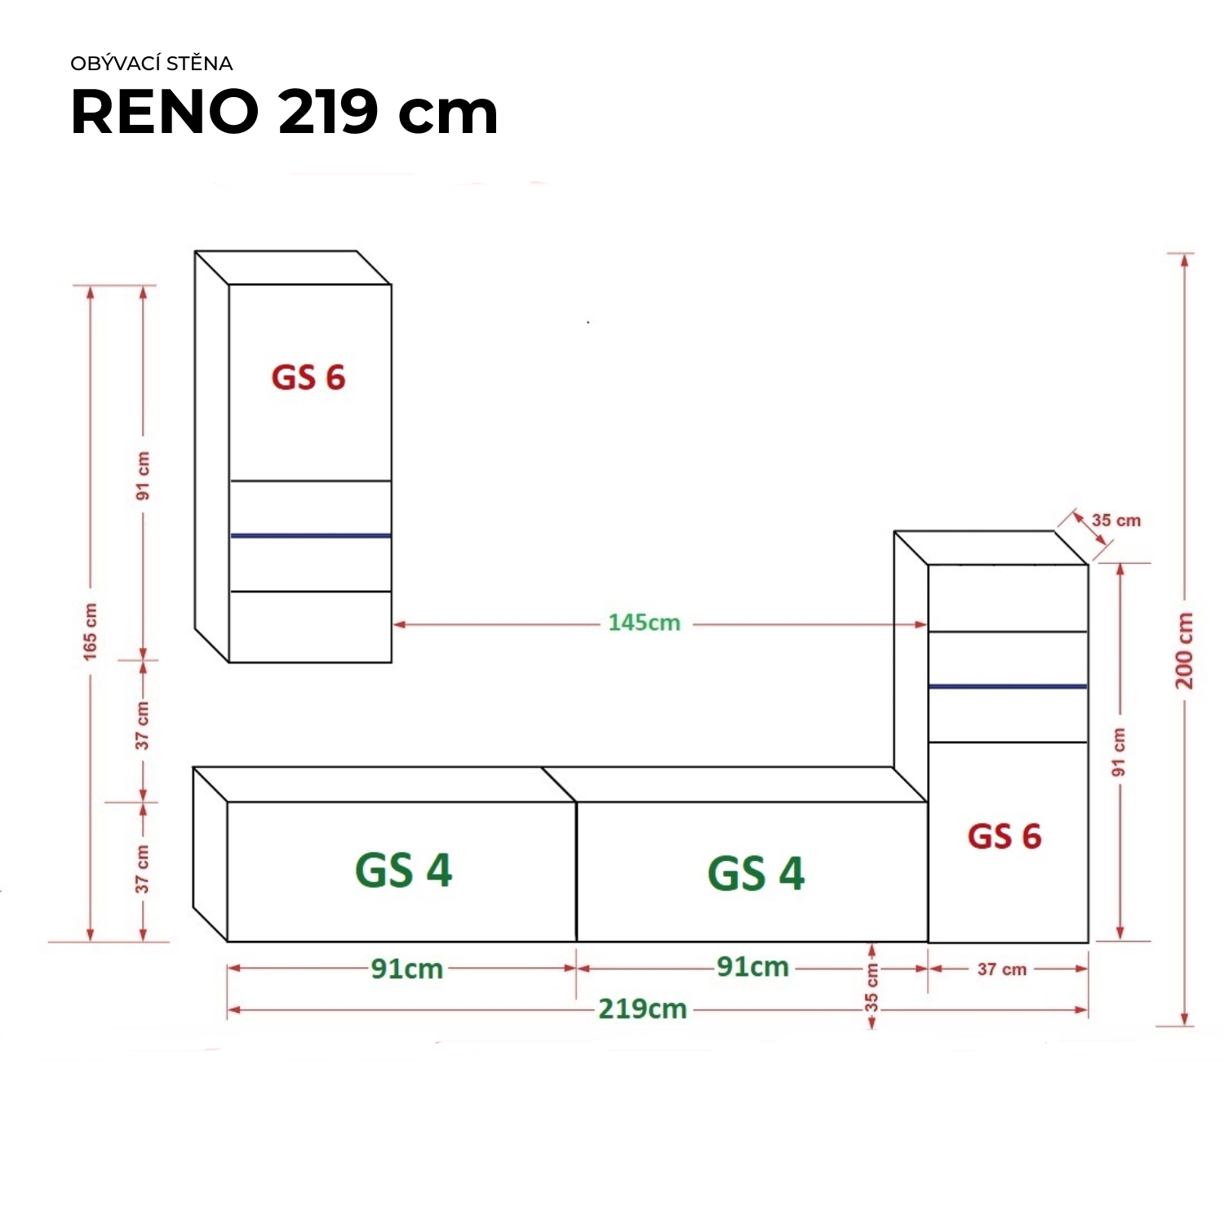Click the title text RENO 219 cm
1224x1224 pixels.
(x=284, y=112)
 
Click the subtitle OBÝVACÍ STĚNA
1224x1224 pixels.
(x=152, y=64)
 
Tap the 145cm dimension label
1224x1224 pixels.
(x=644, y=623)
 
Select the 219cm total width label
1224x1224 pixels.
(x=642, y=1009)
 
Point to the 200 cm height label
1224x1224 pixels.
(x=1185, y=650)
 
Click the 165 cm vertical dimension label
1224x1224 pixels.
(x=90, y=632)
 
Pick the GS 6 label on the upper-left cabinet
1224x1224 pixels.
(x=308, y=378)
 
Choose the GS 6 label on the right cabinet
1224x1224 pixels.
(x=1004, y=836)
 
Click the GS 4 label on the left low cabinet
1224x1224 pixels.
(x=403, y=870)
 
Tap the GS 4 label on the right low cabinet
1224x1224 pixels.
(x=756, y=873)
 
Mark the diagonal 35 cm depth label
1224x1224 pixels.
(x=1116, y=521)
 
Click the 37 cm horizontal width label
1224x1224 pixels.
(x=1002, y=969)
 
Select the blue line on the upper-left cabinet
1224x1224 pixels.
(x=311, y=535)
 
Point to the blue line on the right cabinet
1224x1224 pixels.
(x=1008, y=686)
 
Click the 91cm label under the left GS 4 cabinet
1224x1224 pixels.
(x=406, y=969)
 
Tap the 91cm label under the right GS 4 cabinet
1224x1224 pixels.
(x=752, y=967)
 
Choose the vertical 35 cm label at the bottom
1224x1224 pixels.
(x=871, y=987)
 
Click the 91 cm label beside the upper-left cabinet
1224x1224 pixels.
(x=144, y=475)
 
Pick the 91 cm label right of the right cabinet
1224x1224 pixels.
(x=1119, y=752)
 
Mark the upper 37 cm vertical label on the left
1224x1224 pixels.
(x=143, y=725)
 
